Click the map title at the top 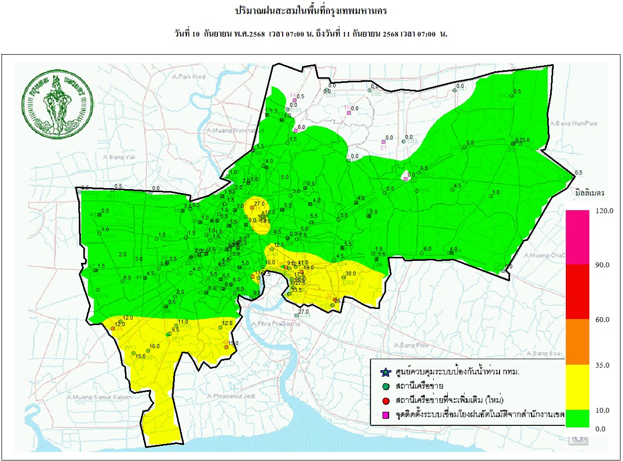tap(311, 11)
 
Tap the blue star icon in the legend tap(385, 372)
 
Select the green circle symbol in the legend tap(385, 386)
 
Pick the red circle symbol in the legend tap(385, 400)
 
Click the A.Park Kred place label tap(188, 77)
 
